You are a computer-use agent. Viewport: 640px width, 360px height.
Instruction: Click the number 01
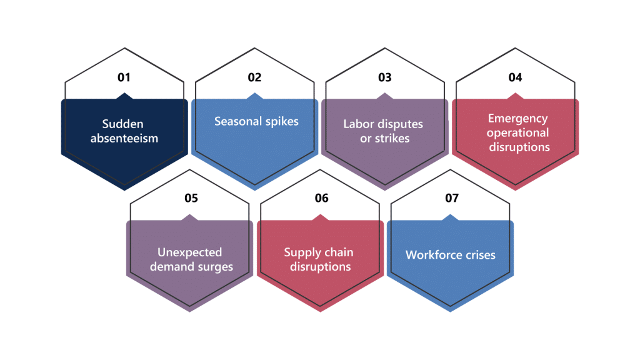pyautogui.click(x=124, y=77)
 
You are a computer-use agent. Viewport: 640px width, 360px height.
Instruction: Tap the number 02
pyautogui.click(x=254, y=77)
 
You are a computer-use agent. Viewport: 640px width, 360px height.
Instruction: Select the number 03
pyautogui.click(x=384, y=77)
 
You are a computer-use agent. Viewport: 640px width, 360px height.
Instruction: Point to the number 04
pyautogui.click(x=515, y=77)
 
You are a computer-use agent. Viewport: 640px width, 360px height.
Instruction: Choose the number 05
pyautogui.click(x=191, y=198)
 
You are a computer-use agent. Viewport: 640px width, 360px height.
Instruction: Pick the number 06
pyautogui.click(x=322, y=198)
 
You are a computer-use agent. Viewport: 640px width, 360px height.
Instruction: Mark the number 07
pyautogui.click(x=452, y=198)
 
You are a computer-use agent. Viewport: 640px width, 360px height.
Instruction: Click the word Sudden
pyautogui.click(x=123, y=124)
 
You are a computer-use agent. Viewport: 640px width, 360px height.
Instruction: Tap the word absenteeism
pyautogui.click(x=124, y=138)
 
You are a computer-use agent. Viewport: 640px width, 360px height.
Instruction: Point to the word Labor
pyautogui.click(x=358, y=124)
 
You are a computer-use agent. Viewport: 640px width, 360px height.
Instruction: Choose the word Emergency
pyautogui.click(x=518, y=119)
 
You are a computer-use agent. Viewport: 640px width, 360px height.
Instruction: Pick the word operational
pyautogui.click(x=517, y=133)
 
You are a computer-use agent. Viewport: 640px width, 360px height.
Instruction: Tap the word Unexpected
pyautogui.click(x=190, y=252)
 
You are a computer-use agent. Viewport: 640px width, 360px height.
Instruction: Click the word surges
pyautogui.click(x=214, y=267)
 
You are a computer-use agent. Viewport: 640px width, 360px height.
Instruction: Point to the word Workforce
pyautogui.click(x=432, y=255)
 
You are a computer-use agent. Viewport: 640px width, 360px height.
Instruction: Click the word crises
pyautogui.click(x=479, y=255)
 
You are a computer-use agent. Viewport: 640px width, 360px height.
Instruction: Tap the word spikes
pyautogui.click(x=282, y=122)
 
